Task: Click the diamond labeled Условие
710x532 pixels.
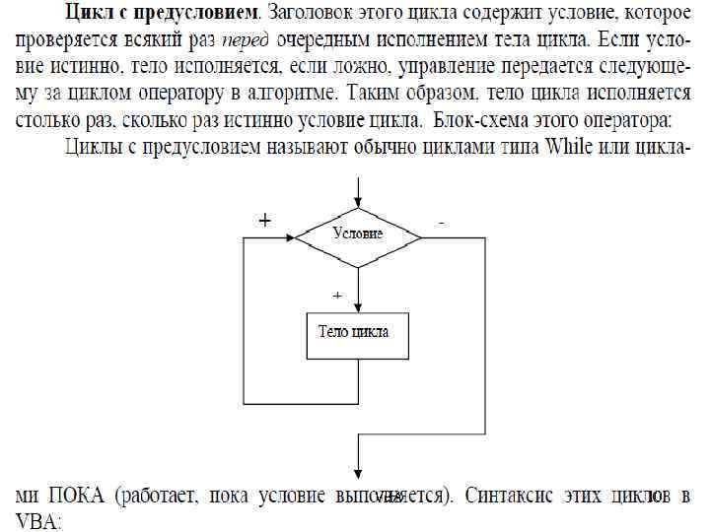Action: [x=358, y=235]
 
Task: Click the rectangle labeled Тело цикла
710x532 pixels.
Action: [x=358, y=332]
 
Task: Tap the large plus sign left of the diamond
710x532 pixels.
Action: [x=264, y=222]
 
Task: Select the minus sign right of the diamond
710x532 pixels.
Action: [x=440, y=224]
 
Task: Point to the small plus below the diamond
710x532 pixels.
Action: [x=337, y=295]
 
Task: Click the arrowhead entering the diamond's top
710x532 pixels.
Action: [x=358, y=201]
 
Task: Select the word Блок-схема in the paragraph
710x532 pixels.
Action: [x=485, y=122]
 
